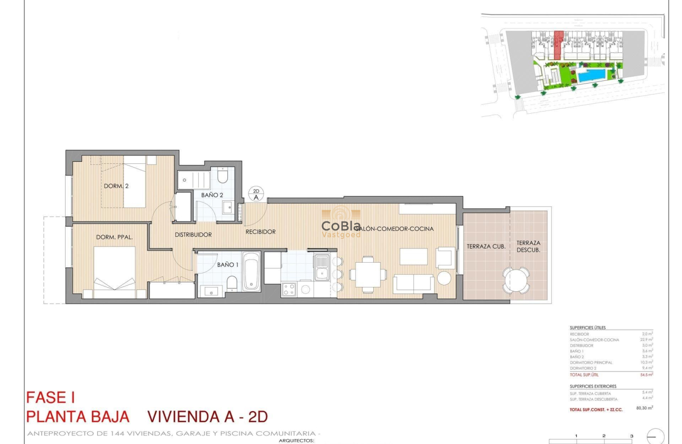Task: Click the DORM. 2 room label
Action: point(116,186)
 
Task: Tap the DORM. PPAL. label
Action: point(114,237)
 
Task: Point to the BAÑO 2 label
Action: point(211,195)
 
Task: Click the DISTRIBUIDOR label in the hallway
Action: point(193,235)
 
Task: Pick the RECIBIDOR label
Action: point(260,232)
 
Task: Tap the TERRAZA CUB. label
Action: point(486,246)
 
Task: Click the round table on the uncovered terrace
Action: point(515,280)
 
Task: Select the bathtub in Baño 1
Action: point(251,272)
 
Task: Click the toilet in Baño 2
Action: point(223,175)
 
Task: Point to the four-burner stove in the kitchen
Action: point(289,289)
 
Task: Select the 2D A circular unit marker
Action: point(256,194)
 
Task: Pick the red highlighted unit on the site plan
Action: point(557,45)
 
